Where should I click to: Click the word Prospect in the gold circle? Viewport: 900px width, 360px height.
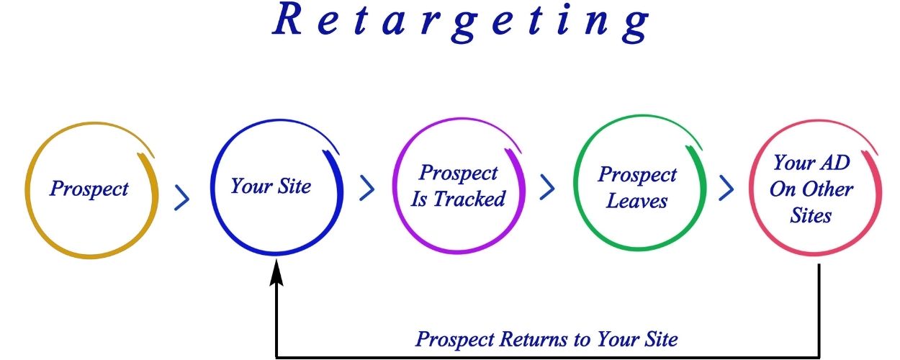[x=89, y=188]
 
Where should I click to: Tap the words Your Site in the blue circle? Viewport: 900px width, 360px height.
[x=271, y=186]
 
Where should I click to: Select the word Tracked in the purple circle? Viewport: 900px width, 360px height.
[x=469, y=199]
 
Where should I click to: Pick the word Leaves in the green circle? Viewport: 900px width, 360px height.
[x=636, y=200]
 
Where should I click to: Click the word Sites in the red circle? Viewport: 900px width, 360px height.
[x=811, y=215]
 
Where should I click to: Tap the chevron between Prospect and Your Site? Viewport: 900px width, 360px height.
[x=181, y=198]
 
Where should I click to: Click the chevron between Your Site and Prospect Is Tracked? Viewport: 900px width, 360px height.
[x=366, y=188]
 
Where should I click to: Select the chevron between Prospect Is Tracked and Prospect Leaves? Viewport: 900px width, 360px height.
[x=547, y=187]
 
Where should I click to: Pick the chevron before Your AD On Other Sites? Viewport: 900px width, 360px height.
[x=726, y=188]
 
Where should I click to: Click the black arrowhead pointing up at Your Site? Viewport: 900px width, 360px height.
[x=276, y=272]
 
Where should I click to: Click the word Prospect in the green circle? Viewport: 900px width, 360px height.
[x=637, y=174]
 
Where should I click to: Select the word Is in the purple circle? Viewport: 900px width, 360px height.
[x=419, y=199]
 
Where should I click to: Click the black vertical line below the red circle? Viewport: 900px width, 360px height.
[x=819, y=310]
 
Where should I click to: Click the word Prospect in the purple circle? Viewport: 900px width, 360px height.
[x=458, y=173]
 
